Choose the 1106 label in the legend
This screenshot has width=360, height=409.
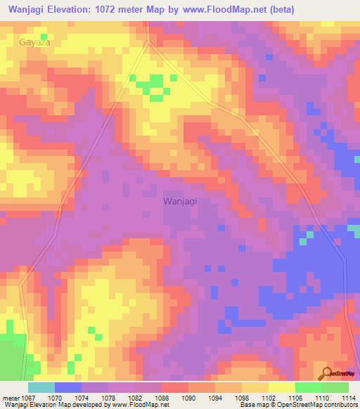click(302, 398)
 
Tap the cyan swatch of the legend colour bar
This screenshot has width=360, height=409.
click(41, 387)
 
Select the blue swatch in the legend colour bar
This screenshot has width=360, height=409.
click(68, 387)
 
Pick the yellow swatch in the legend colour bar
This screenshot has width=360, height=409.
click(282, 387)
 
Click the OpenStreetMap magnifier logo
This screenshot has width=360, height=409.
click(325, 373)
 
